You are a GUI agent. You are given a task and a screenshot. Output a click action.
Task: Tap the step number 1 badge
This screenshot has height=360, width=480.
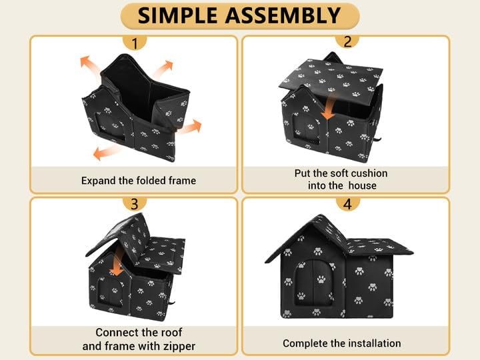click(135, 44)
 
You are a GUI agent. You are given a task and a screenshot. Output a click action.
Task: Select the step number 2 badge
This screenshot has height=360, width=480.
click(347, 41)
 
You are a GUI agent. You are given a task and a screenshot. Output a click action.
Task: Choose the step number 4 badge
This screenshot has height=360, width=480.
click(347, 204)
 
